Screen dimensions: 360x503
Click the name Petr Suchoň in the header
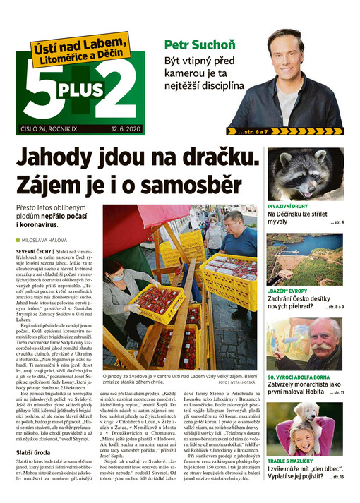[200, 44]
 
